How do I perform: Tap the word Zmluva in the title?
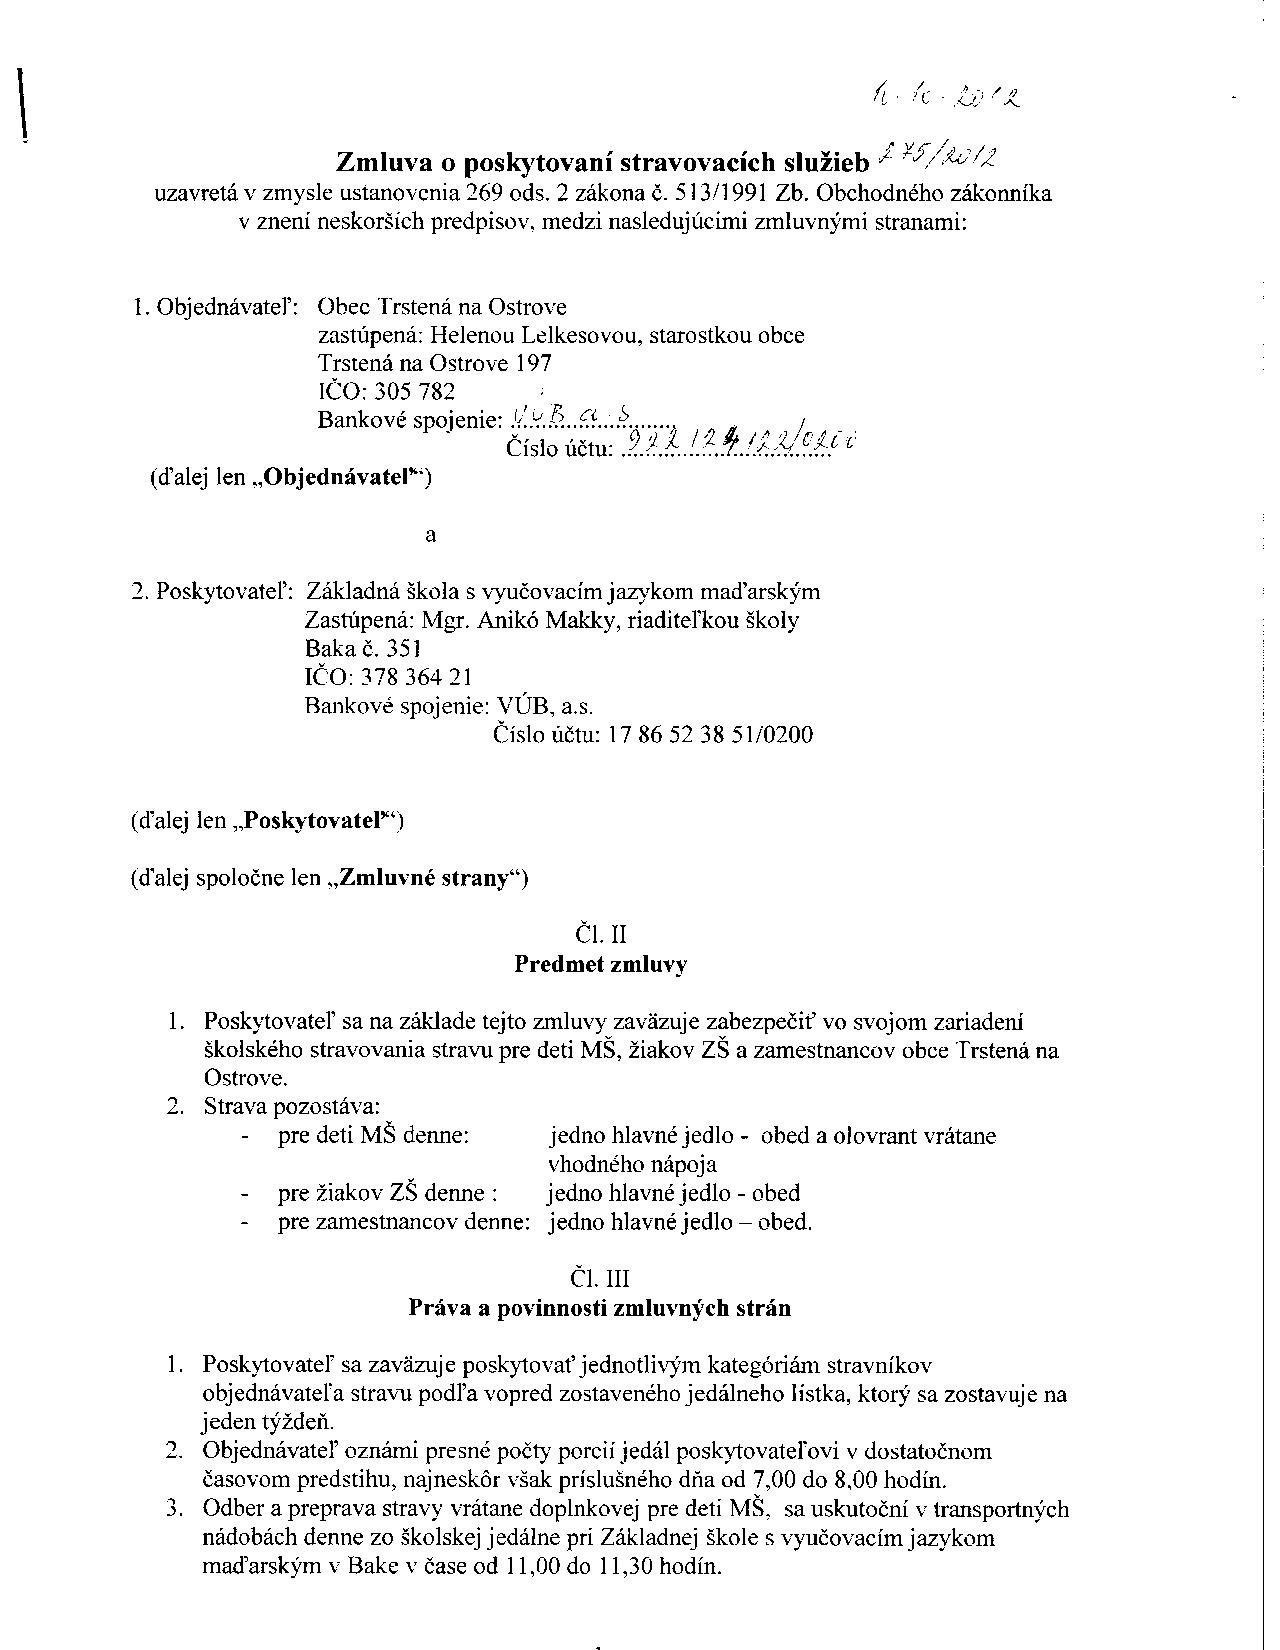(x=384, y=162)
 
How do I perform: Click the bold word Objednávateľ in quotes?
(x=339, y=477)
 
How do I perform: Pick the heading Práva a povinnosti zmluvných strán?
(x=599, y=1308)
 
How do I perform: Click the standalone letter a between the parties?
(x=431, y=535)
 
